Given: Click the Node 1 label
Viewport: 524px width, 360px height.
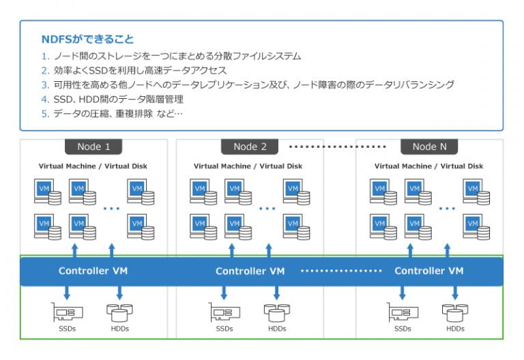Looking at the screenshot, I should [93, 147].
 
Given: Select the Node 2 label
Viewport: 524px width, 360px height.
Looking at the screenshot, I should [250, 147].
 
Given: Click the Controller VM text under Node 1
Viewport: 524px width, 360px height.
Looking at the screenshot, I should [93, 271].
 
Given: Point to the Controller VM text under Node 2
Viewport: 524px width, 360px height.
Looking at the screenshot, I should [250, 271].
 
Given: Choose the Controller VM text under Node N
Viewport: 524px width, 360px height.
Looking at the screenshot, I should [428, 271].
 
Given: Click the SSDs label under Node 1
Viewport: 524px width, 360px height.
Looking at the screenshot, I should [68, 329].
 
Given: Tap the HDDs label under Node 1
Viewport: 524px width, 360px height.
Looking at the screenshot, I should [119, 329].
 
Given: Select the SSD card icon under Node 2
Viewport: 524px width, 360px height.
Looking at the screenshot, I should [224, 312].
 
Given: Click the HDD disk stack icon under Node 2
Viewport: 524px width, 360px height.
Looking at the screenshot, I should [276, 312].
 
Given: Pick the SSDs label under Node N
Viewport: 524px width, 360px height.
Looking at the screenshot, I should [403, 329].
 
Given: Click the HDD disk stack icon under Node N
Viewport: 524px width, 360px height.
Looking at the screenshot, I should [455, 312].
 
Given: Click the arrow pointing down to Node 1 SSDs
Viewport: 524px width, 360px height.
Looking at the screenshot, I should [68, 292].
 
